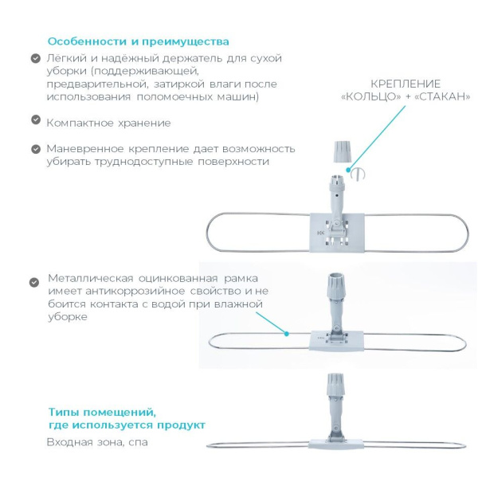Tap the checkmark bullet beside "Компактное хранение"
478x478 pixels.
point(36,119)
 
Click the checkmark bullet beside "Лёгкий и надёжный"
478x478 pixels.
point(36,59)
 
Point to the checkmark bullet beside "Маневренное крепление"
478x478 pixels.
point(36,148)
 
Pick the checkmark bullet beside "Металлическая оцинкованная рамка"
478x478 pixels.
point(34,282)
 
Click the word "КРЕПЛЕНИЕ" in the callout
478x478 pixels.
point(406,84)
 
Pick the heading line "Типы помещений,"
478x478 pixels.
point(101,412)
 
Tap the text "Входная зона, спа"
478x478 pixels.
point(96,442)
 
